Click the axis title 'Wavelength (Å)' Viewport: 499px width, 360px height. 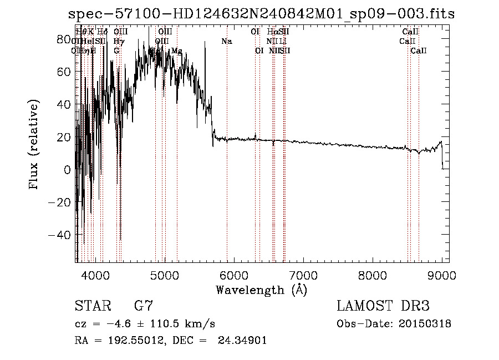point(261,290)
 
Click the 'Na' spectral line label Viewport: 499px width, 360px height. point(226,42)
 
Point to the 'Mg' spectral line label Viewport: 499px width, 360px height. point(176,51)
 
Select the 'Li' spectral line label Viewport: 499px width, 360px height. point(283,42)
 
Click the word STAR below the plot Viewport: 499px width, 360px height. point(91,306)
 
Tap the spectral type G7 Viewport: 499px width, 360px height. point(143,306)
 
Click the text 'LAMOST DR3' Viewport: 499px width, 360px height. point(383,306)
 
